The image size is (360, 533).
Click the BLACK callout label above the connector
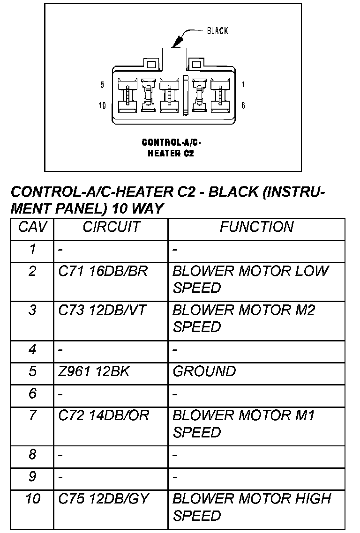(x=217, y=31)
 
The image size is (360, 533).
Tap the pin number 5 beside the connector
(x=102, y=85)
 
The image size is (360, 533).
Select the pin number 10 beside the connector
(x=102, y=105)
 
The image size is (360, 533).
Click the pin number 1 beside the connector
(x=243, y=85)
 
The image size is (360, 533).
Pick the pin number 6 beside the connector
(x=243, y=105)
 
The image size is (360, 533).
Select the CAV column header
(x=32, y=227)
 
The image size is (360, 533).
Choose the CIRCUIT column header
(x=111, y=227)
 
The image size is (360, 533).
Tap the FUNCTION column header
(x=256, y=227)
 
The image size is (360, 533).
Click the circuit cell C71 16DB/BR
(x=103, y=271)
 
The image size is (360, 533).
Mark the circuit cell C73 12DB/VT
(x=103, y=310)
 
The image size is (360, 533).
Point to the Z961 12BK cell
(x=94, y=371)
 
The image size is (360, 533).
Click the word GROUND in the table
(x=204, y=371)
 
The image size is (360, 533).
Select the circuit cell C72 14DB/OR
(x=104, y=415)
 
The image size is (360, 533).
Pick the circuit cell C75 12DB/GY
(x=103, y=499)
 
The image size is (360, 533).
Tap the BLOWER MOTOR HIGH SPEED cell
(x=252, y=507)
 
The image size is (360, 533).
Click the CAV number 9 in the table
(x=32, y=476)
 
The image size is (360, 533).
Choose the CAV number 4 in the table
(x=32, y=349)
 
